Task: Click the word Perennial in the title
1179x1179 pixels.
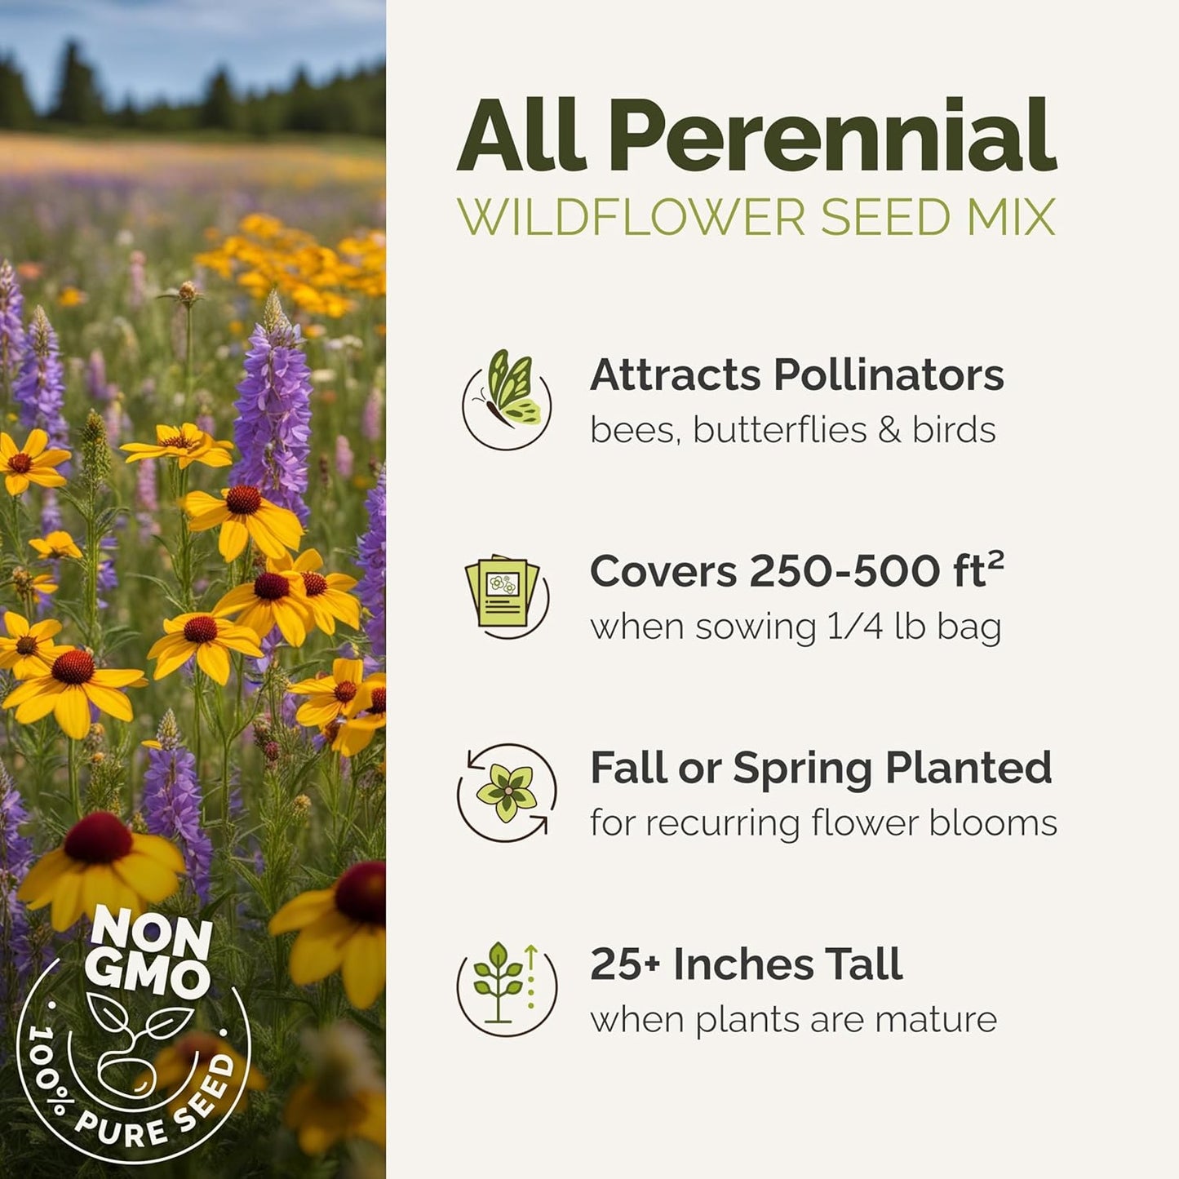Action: pos(832,137)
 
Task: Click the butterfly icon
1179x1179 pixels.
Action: pos(507,399)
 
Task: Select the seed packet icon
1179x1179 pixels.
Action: pos(503,593)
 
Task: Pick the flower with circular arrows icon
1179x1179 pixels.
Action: pos(507,792)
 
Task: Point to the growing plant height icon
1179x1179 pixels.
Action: pos(506,985)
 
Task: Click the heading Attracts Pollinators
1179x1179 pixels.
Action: pos(796,375)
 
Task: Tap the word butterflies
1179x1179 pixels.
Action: pos(779,430)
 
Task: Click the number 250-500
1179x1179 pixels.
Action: pos(844,572)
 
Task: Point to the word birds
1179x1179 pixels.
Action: pos(954,430)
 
